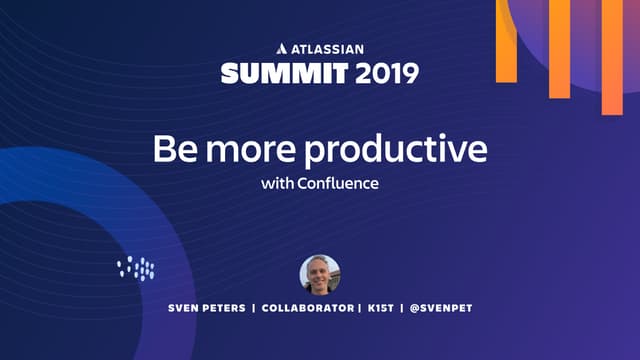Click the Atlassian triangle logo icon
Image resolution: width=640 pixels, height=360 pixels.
[x=281, y=47]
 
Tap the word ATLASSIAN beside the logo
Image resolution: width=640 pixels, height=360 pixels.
[x=328, y=47]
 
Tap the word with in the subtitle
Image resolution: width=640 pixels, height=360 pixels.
[x=276, y=184]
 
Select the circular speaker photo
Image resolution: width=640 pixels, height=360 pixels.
[x=320, y=273]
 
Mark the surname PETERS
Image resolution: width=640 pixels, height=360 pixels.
[x=225, y=308]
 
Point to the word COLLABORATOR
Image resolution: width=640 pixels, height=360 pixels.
[x=306, y=308]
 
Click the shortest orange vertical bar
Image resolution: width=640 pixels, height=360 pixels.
[x=507, y=40]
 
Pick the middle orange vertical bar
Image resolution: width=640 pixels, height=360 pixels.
[x=559, y=49]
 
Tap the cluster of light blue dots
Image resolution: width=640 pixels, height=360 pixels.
[x=136, y=267]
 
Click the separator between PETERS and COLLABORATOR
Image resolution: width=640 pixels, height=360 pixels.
[x=254, y=308]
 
